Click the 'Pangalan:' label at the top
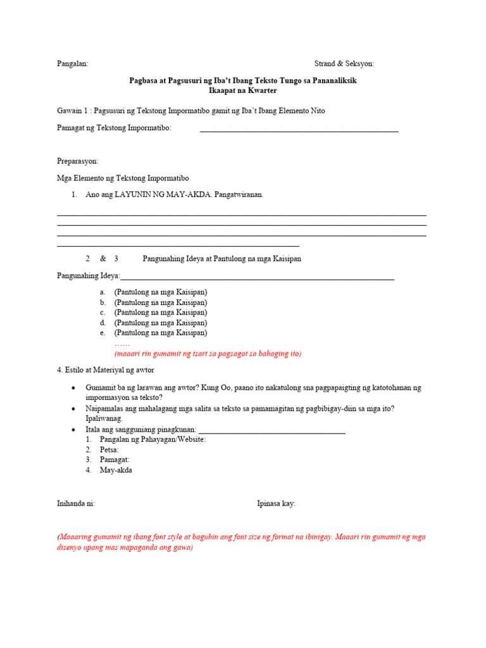72,64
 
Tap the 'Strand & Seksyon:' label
344,64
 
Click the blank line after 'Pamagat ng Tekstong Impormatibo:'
299,130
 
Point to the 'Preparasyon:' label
77,161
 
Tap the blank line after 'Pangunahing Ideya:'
257,278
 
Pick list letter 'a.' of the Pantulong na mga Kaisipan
102,292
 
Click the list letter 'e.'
102,333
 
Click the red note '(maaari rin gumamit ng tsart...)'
208,354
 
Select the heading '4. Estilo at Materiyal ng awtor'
105,370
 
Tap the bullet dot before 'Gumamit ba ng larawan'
74,387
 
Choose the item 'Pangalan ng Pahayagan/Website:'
153,440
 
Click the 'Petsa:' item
109,450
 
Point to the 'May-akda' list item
116,471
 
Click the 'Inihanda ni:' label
76,504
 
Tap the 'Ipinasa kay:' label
276,504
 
